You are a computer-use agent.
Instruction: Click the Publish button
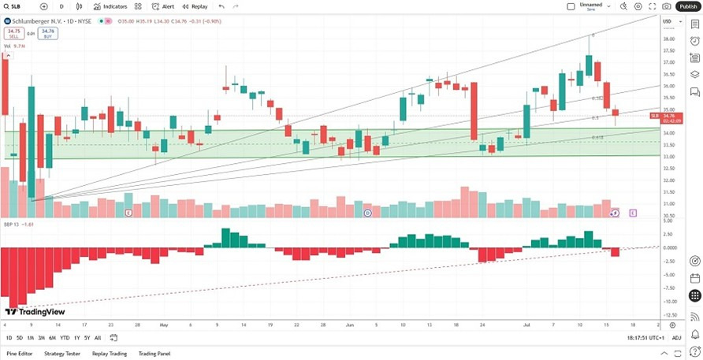(687, 6)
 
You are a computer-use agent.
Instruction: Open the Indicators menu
(110, 6)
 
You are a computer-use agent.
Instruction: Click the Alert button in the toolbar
(163, 6)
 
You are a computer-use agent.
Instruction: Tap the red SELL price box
(13, 34)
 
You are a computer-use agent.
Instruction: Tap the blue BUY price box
(47, 34)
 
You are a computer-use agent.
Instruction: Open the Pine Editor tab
(20, 354)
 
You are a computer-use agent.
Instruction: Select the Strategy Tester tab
(62, 354)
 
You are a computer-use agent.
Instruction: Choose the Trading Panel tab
(154, 354)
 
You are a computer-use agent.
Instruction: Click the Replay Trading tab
(110, 354)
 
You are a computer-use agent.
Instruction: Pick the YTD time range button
(65, 338)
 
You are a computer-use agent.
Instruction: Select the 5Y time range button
(87, 338)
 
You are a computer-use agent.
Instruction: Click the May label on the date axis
(164, 324)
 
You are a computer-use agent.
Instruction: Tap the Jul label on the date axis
(526, 324)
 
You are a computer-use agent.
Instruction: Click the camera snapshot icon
(667, 6)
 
